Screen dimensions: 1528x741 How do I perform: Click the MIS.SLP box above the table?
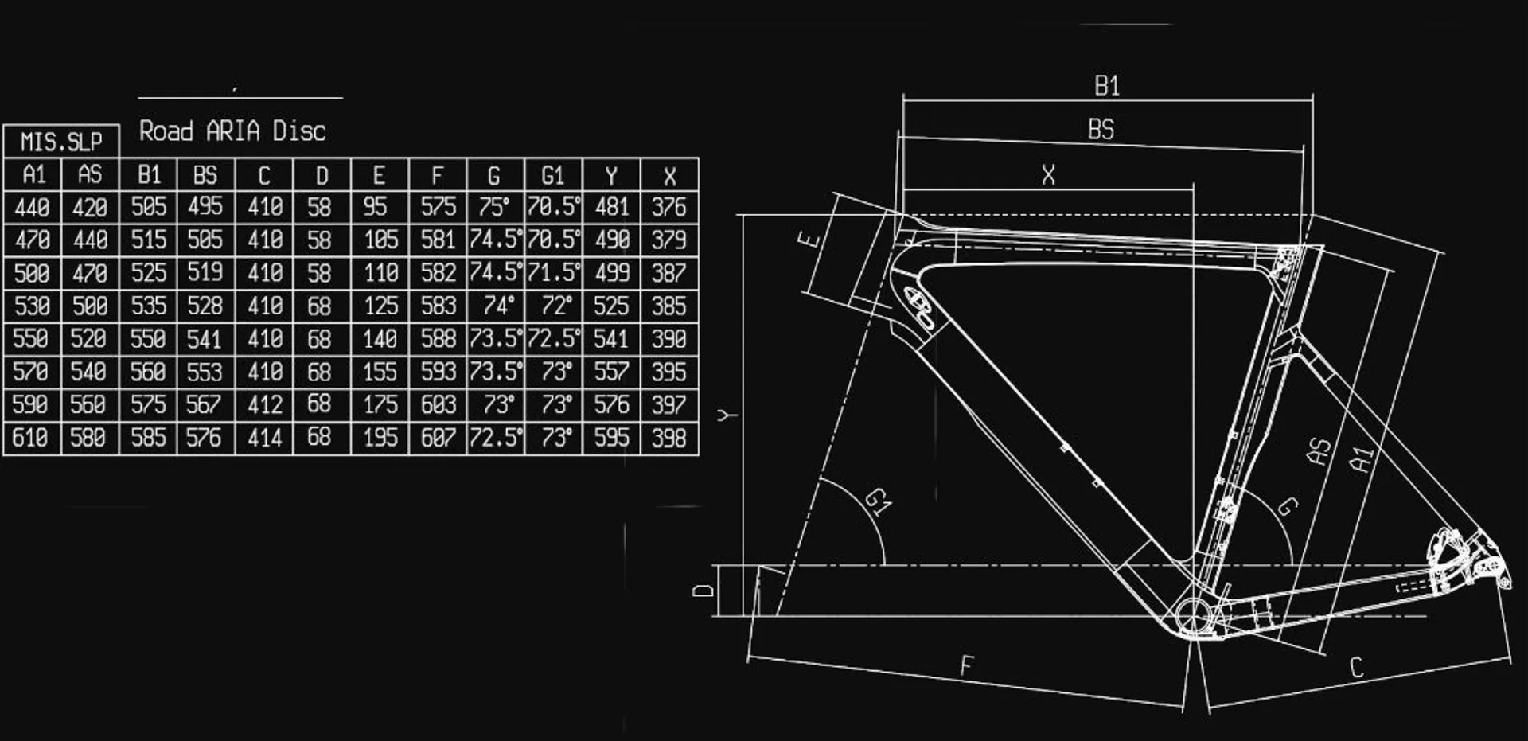[x=61, y=141]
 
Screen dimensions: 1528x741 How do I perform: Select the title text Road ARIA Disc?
[x=232, y=131]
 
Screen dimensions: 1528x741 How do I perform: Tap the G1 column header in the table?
[x=553, y=175]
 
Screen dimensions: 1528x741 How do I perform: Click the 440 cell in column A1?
[x=32, y=208]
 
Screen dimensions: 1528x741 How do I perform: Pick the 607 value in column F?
[x=438, y=438]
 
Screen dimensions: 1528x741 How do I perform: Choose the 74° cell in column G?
[x=496, y=306]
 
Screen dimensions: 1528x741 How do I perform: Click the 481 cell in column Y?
[x=611, y=208]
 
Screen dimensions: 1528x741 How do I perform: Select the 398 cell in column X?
[x=669, y=438]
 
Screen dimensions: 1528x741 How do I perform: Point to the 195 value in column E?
[x=380, y=438]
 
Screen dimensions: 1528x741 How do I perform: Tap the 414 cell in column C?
[x=264, y=438]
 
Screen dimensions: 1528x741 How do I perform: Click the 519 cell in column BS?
[x=205, y=273]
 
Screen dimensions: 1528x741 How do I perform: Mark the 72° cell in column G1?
[x=554, y=306]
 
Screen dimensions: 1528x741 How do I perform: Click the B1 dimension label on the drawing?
[x=1107, y=86]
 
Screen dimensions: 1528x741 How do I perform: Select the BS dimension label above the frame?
[x=1101, y=129]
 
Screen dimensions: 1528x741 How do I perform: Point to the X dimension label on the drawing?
[x=1049, y=175]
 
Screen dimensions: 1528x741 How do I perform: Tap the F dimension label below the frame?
[x=967, y=665]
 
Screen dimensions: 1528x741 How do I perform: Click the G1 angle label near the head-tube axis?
[x=879, y=501]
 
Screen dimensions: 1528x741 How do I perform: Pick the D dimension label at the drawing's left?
[x=704, y=590]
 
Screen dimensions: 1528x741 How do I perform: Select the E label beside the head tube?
[x=809, y=238]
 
